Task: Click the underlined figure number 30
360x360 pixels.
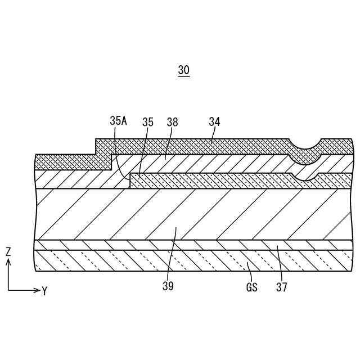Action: click(184, 70)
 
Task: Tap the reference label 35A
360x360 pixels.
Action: click(119, 121)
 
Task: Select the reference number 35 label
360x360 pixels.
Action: click(148, 121)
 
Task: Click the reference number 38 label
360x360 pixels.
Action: click(172, 121)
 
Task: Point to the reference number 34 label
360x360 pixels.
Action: click(214, 121)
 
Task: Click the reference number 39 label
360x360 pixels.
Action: click(168, 286)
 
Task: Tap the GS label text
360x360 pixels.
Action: click(251, 287)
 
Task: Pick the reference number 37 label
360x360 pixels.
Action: click(282, 287)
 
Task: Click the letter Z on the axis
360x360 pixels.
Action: click(8, 253)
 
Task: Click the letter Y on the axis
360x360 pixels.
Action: click(44, 291)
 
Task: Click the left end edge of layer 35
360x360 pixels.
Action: click(130, 181)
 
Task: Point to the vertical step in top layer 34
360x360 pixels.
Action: click(96, 147)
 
